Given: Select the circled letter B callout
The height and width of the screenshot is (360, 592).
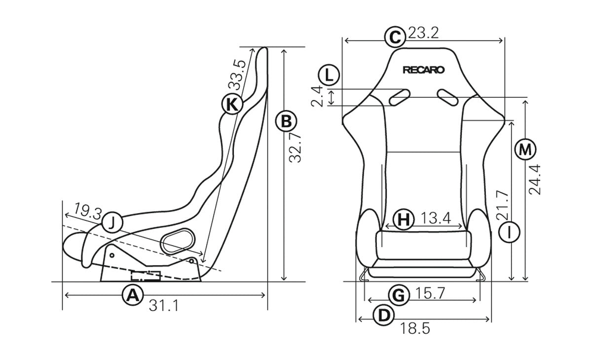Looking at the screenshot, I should [286, 121].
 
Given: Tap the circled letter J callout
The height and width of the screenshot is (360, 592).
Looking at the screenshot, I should [112, 223].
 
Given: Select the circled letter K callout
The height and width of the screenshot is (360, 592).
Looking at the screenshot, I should [231, 104].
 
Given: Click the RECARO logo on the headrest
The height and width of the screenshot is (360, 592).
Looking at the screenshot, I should [424, 70].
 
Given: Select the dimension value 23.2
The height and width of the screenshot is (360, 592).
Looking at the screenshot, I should [423, 34].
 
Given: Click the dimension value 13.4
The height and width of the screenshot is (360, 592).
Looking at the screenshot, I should [436, 218].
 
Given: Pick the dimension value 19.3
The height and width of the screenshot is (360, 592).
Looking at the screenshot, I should [87, 213].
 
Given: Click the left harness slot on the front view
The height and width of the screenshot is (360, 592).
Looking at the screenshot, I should [400, 97].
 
